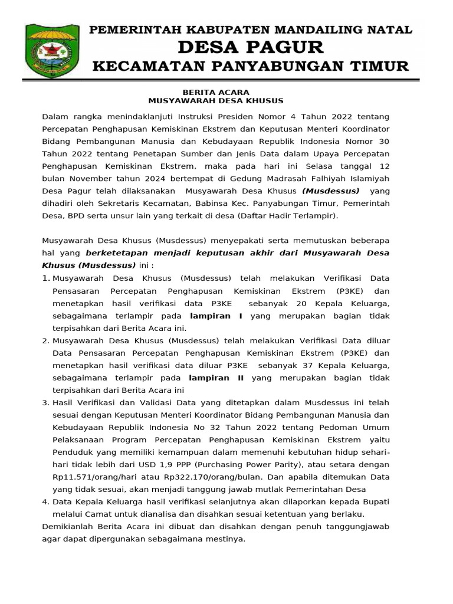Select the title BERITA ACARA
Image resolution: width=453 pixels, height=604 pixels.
coord(216,92)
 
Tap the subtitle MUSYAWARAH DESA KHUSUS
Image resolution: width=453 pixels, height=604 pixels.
coord(216,101)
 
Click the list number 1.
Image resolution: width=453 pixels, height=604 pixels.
coord(45,278)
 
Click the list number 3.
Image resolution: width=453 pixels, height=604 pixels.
coord(45,403)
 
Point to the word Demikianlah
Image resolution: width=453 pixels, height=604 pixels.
coord(70,526)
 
